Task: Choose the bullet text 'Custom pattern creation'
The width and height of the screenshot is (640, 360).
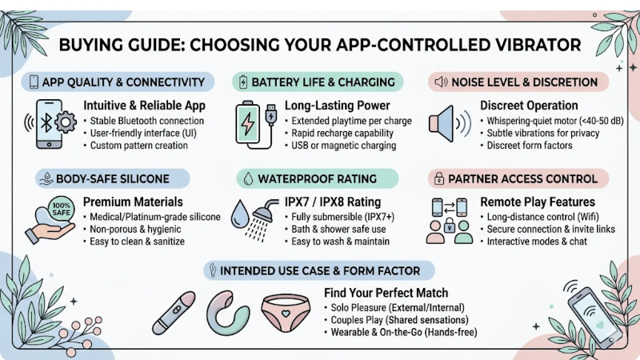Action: pos(138,146)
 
